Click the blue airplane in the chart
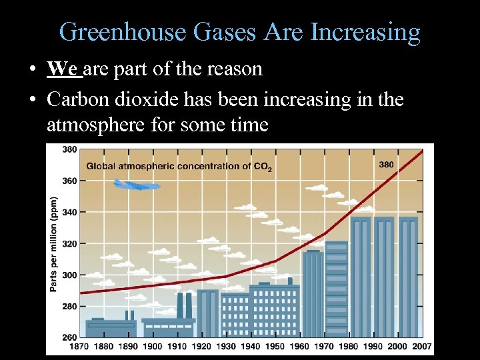[136, 185]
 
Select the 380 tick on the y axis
[69, 149]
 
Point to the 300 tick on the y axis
[69, 275]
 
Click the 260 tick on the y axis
[69, 337]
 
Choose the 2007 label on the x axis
[421, 347]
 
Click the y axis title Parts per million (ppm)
[53, 243]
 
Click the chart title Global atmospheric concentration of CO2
[179, 166]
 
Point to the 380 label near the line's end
[386, 164]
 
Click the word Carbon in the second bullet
[75, 100]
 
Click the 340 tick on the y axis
[69, 212]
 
